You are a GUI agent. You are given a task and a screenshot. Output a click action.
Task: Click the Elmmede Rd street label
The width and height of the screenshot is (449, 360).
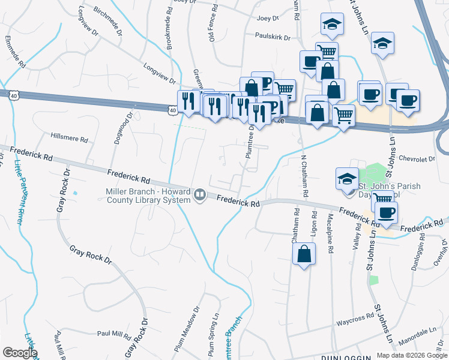click(15, 52)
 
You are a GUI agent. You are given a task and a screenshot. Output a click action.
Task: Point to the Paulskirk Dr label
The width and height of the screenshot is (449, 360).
click(273, 37)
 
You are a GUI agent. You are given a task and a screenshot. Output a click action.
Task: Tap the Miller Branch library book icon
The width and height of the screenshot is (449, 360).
click(199, 194)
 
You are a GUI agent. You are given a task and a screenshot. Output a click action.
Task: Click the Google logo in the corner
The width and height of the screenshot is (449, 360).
click(20, 352)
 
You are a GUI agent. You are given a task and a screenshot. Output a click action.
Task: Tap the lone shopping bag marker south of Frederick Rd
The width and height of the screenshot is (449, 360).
click(304, 254)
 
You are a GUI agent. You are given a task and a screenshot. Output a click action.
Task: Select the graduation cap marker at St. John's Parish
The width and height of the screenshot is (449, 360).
click(346, 179)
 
